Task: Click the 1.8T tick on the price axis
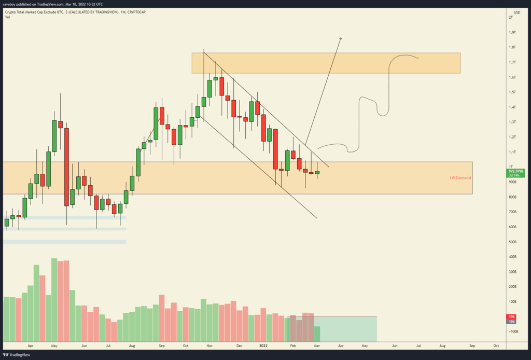512,47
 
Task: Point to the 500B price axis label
512,242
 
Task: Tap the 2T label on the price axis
511,18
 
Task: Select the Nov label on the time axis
209,345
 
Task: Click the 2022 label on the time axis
263,345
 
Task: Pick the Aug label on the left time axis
132,345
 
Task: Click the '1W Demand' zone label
460,178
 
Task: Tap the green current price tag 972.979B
516,171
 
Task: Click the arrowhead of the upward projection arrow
341,38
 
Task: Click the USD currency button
517,12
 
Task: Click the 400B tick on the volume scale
512,257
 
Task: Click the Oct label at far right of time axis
496,345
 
